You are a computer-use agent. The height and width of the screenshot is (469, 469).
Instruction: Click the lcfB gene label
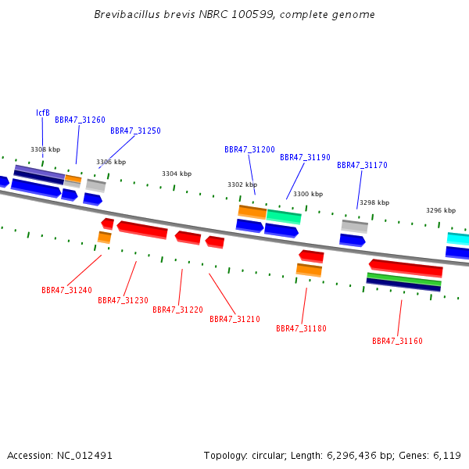pos(43,113)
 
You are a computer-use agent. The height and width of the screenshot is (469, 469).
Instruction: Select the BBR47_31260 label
pos(81,120)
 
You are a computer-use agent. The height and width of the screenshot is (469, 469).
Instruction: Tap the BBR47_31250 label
pos(135,131)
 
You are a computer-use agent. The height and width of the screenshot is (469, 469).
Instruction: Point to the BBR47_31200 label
pos(249,149)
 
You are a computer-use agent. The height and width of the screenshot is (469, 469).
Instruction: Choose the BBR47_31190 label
pos(305,157)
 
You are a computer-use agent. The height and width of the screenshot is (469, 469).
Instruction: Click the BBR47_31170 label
pos(362,165)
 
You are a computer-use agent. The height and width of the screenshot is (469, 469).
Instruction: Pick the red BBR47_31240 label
pos(66,290)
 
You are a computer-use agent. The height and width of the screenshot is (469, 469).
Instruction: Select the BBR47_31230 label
pos(123,300)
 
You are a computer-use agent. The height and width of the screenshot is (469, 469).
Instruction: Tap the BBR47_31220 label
pos(177,310)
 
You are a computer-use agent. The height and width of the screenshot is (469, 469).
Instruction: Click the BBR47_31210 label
pos(234,320)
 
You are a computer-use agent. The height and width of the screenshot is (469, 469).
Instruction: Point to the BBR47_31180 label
pos(301,329)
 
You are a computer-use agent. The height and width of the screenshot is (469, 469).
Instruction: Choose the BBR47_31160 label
pos(397,342)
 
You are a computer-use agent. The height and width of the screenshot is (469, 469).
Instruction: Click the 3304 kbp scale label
pos(177,174)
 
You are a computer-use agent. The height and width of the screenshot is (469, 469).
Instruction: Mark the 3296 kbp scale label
pos(441,210)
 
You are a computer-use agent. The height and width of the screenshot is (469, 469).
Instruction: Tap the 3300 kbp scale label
pos(308,194)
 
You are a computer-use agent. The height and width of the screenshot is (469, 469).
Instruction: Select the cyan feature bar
pos(458,239)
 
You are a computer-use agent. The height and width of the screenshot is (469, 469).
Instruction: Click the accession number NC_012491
pos(84,456)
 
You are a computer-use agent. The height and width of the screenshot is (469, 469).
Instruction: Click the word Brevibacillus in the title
pos(127,14)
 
